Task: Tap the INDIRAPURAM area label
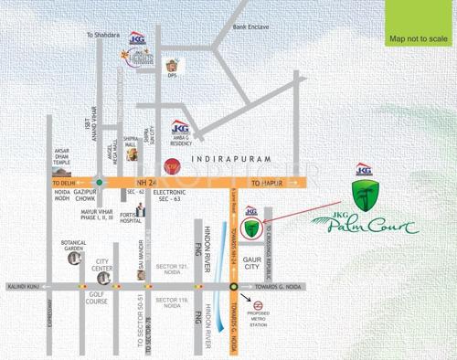click(226, 159)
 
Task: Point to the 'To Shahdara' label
click(102, 35)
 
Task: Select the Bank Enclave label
click(250, 26)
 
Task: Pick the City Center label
click(103, 264)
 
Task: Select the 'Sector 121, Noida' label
click(173, 262)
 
